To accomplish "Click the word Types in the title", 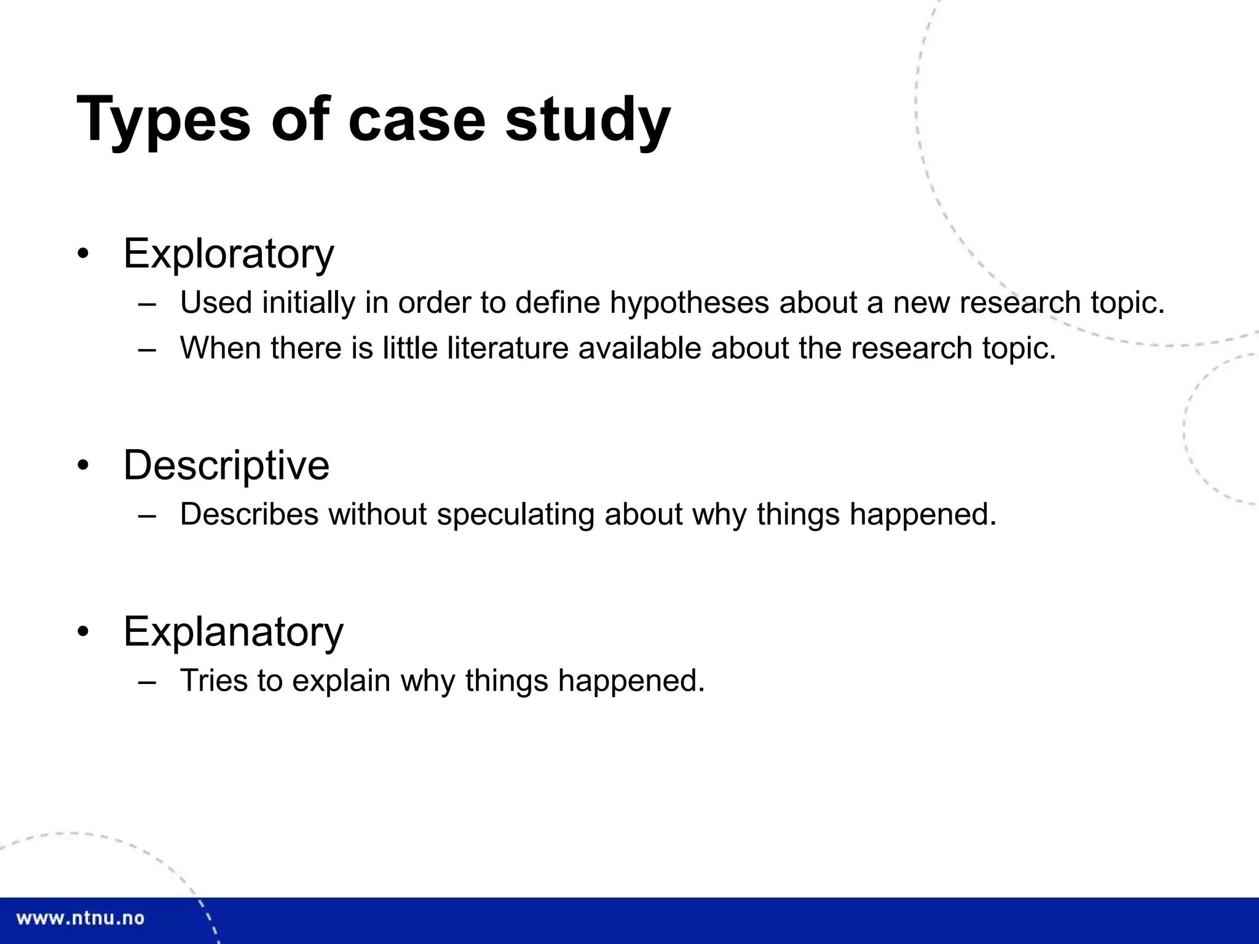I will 164,119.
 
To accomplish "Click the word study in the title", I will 587,119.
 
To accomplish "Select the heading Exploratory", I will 229,253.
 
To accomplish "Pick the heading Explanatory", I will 234,631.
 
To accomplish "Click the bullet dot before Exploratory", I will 84,254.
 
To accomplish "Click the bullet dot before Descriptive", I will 84,465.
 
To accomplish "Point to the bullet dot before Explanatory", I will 84,632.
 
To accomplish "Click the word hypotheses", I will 689,303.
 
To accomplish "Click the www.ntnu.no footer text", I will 81,919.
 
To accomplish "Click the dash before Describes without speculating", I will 147,515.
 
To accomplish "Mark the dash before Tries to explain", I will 147,682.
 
